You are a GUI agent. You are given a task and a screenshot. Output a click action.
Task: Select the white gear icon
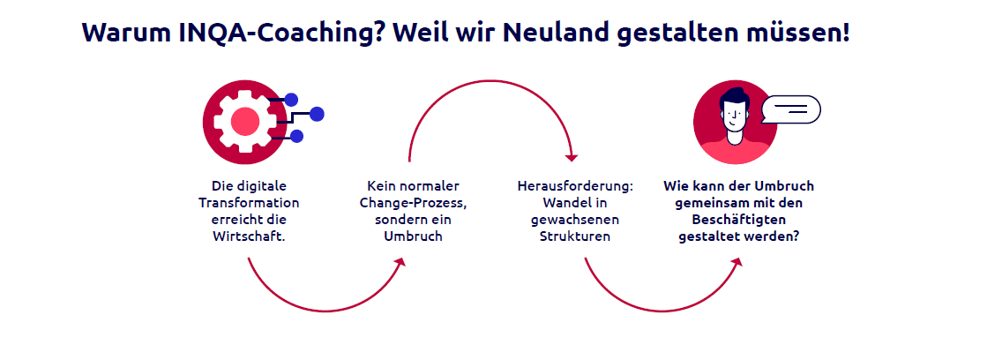coord(245,121)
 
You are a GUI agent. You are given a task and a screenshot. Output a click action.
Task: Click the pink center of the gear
coord(245,121)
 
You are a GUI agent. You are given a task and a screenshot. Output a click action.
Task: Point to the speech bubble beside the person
coord(791,109)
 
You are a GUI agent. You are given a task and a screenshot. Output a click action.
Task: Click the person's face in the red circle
coord(734,115)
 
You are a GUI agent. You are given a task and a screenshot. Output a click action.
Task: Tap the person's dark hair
coord(733,97)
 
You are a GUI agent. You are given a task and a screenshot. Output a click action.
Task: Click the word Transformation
coord(249,203)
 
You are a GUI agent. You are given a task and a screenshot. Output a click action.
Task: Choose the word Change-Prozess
coord(412,203)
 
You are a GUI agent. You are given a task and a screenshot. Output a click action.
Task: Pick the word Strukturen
coord(575,236)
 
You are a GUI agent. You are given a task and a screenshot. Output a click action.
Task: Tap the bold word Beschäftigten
coord(739,220)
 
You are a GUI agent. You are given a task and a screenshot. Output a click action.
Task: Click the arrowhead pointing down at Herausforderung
coord(572,157)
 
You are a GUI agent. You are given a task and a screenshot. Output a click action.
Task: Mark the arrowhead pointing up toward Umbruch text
coord(401,262)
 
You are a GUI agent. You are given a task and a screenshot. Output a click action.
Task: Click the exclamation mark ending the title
coord(845,33)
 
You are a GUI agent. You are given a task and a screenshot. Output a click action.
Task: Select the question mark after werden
coord(799,236)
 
